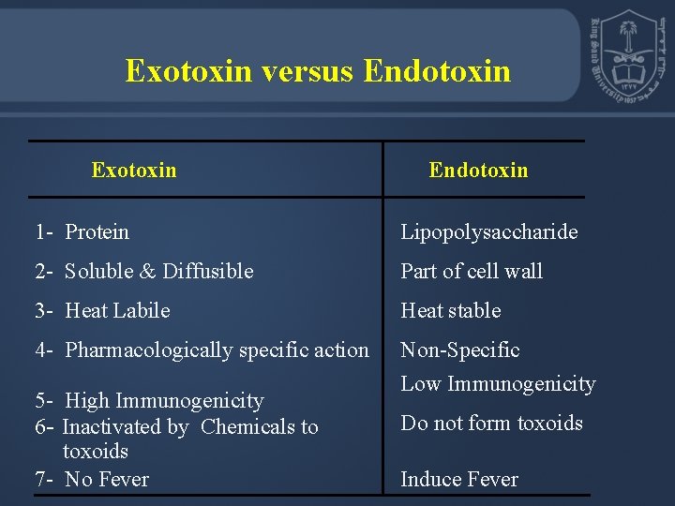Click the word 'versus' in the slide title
[x=307, y=71]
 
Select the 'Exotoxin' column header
[x=134, y=170]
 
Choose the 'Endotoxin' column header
[x=478, y=171]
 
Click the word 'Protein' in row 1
[x=97, y=231]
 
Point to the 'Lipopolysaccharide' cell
[x=489, y=232]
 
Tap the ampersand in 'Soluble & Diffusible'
[x=147, y=272]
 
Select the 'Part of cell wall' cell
[x=472, y=272]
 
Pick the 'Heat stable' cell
[x=451, y=310]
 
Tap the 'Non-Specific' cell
[x=460, y=350]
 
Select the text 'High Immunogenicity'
[x=164, y=401]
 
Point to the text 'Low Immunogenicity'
[x=498, y=384]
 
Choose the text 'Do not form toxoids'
[x=492, y=424]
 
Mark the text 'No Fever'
[x=107, y=480]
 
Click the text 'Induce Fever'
[x=459, y=480]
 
